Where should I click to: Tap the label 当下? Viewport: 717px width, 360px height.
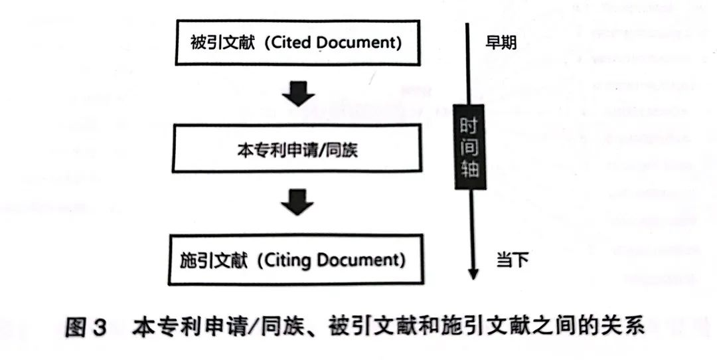[512, 260]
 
